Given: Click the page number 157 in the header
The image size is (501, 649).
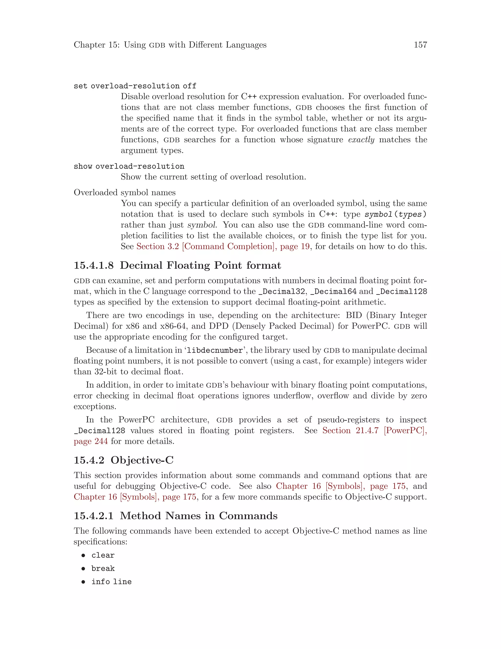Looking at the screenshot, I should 420,45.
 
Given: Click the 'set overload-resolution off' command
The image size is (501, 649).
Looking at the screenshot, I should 135,86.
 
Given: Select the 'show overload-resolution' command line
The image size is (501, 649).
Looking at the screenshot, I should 129,166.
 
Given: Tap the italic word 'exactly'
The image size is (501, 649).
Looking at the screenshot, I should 361,140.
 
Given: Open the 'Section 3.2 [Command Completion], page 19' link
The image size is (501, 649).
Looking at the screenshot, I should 223,247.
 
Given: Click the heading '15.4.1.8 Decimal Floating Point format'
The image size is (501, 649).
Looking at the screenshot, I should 177,265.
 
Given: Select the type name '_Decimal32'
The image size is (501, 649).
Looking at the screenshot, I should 281,291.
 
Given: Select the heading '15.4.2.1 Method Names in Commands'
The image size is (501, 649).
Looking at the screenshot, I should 175,516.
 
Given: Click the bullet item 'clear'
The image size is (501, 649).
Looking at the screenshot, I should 103,555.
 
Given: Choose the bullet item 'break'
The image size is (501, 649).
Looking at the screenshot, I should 103,568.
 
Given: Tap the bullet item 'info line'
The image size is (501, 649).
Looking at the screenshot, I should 111,582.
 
